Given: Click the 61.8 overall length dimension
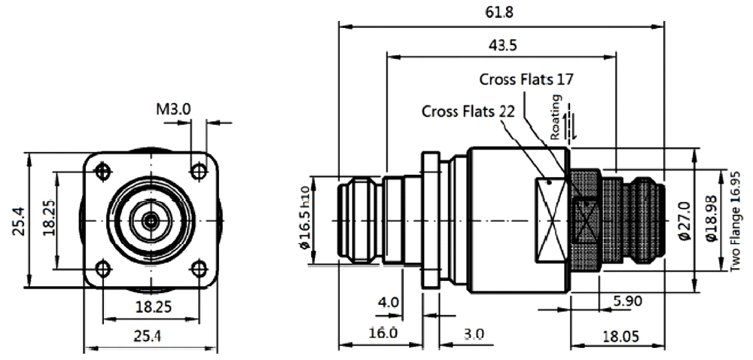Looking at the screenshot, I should pos(501,13).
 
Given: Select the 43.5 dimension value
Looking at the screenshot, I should pos(502,45).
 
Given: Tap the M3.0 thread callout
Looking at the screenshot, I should pos(173,109).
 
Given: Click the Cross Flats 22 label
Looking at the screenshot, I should pos(468,111).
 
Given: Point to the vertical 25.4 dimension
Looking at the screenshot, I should pos(18,220).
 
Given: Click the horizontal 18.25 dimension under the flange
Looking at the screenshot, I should pos(151,307).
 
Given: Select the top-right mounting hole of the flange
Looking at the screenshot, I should pos(199,172).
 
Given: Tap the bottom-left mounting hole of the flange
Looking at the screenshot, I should pos(103,267).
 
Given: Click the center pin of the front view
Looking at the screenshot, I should pos(151,221).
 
